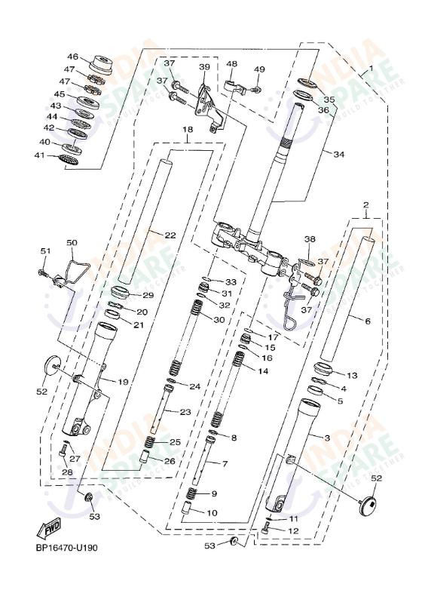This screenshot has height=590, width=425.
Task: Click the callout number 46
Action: click(73, 57)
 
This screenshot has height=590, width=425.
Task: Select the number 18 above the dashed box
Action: click(188, 130)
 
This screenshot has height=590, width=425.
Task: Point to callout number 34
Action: click(338, 155)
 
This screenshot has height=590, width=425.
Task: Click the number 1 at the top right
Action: click(371, 69)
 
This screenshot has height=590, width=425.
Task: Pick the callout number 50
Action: click(72, 243)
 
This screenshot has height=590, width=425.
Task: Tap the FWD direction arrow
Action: click(47, 527)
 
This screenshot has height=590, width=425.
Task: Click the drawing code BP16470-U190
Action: click(66, 549)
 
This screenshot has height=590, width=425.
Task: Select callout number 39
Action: click(204, 67)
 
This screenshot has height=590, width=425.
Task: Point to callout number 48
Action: click(231, 64)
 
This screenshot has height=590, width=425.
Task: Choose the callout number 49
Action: click(259, 69)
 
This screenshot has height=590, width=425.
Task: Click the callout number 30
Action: click(219, 320)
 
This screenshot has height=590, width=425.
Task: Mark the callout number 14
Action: click(263, 371)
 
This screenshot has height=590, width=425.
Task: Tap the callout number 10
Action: click(212, 512)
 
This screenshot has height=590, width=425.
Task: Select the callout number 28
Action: click(67, 472)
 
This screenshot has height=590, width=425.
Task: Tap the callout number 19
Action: click(123, 382)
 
